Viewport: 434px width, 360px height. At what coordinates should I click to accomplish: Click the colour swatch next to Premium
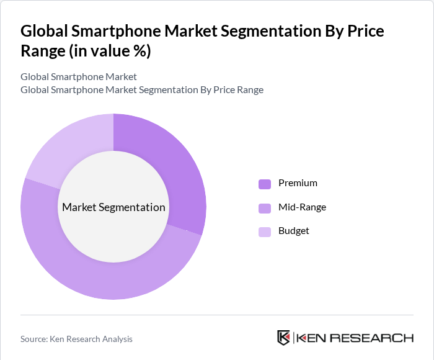(265, 184)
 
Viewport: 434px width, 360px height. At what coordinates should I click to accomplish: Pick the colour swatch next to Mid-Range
(265, 208)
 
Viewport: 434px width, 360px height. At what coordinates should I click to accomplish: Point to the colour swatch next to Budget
(265, 232)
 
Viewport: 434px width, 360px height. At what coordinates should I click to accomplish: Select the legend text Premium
(298, 183)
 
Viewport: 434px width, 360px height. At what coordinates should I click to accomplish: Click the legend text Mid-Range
(302, 207)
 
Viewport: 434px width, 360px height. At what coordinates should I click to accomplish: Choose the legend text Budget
(293, 231)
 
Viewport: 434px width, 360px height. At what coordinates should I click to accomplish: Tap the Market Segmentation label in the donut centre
(113, 207)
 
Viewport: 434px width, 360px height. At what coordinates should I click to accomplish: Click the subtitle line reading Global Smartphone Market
(79, 77)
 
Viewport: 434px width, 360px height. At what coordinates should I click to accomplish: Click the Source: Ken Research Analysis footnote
(76, 339)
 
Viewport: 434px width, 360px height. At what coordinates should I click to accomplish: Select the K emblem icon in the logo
(283, 338)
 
